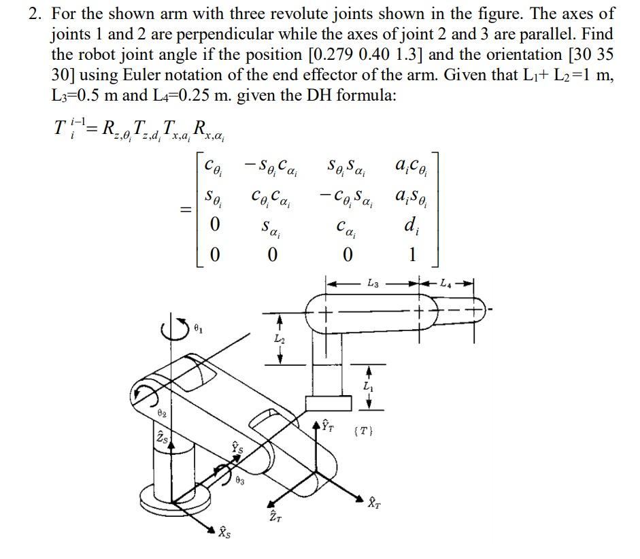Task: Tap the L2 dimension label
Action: click(279, 338)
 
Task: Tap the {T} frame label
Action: click(364, 430)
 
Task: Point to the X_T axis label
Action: click(375, 504)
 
